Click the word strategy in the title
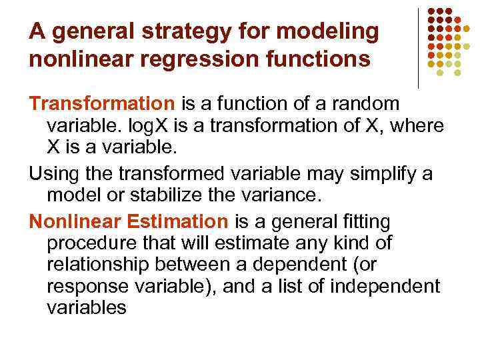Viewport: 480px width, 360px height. (x=172, y=31)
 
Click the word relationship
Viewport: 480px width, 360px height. (x=101, y=265)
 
